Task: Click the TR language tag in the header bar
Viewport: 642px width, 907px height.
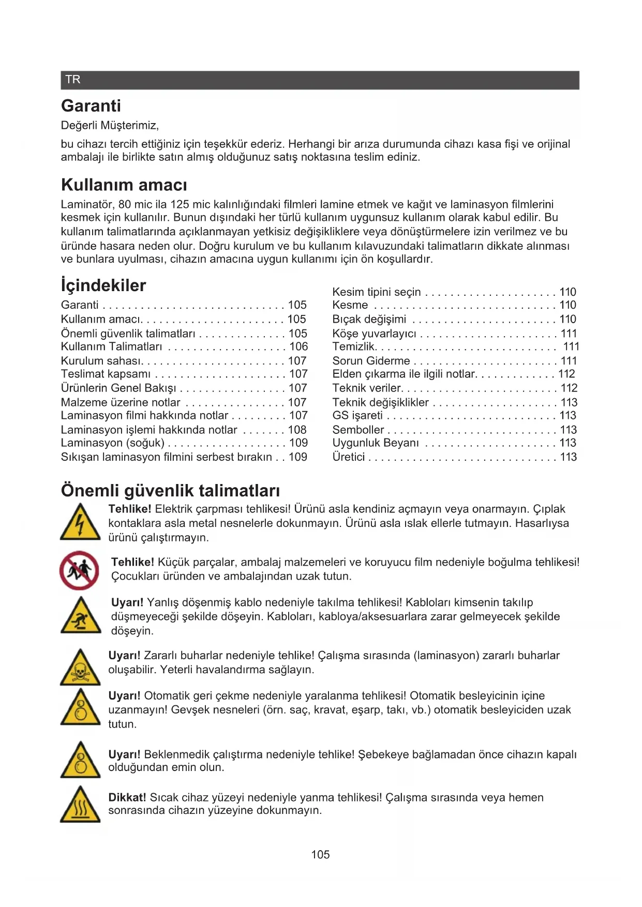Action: (73, 80)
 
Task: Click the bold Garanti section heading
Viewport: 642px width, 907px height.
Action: (91, 106)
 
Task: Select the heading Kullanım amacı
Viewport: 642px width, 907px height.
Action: (124, 185)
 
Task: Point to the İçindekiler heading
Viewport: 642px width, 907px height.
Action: (103, 285)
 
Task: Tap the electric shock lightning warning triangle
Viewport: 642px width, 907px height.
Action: (80, 522)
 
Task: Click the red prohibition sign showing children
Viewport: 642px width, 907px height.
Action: (79, 570)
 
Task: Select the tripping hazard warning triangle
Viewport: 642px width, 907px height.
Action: (80, 616)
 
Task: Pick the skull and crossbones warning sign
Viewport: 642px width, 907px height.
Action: (80, 668)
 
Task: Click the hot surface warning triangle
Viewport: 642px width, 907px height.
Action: (80, 805)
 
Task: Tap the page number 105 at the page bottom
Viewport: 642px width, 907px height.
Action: (320, 855)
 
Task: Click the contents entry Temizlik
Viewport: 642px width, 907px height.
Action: (354, 346)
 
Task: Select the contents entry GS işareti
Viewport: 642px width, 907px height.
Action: (357, 415)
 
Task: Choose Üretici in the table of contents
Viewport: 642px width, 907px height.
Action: (349, 457)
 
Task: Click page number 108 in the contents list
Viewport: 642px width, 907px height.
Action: (297, 430)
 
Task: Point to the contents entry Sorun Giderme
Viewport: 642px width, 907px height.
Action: (371, 361)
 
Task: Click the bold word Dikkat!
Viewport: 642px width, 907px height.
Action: (127, 797)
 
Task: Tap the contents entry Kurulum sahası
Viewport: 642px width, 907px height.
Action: (102, 361)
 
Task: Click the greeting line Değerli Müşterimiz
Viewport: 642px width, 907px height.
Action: (110, 126)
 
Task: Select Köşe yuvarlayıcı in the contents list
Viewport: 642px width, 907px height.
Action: (374, 334)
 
